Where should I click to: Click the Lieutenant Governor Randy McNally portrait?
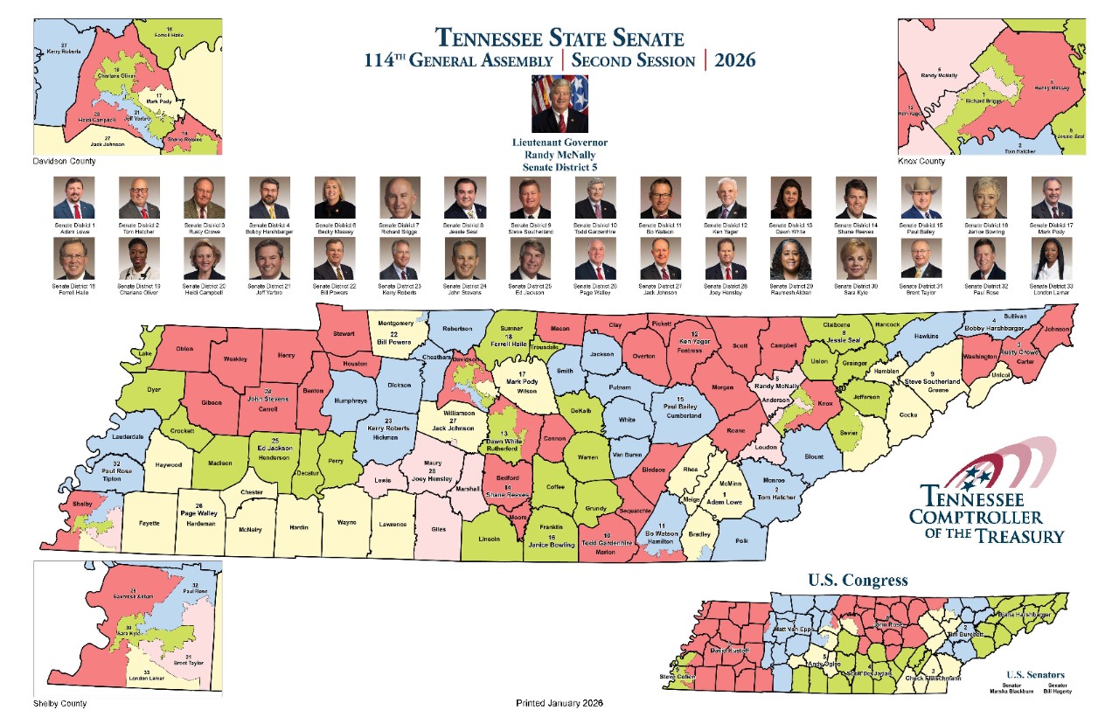point(559,103)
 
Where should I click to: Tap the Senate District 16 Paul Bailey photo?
point(921,198)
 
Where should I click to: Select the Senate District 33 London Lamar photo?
point(1051,259)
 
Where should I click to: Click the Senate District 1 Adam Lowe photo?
point(73,198)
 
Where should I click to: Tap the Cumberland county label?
point(685,416)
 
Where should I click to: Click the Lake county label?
point(144,354)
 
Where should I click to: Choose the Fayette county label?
point(149,523)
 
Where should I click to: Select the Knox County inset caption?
point(921,162)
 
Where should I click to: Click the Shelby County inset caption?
point(59,703)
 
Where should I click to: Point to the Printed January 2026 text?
point(559,703)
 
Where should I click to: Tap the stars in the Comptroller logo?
point(973,476)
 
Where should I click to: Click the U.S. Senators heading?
point(1036,675)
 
